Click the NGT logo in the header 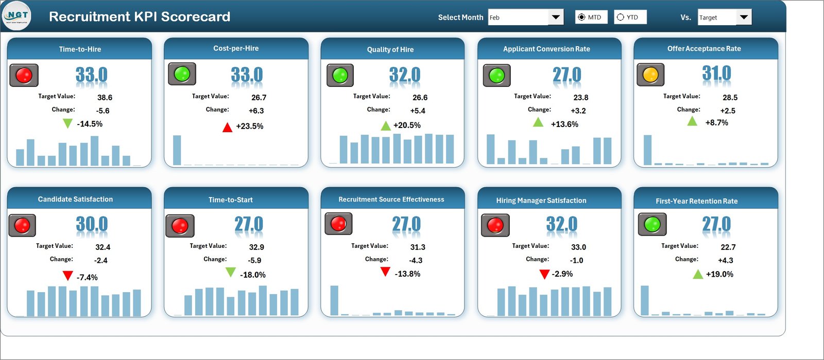pyautogui.click(x=16, y=16)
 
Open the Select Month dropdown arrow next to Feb pyautogui.click(x=556, y=17)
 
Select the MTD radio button pyautogui.click(x=581, y=17)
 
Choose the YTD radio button pyautogui.click(x=621, y=17)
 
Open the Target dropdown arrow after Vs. pyautogui.click(x=744, y=17)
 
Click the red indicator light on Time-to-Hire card pyautogui.click(x=24, y=76)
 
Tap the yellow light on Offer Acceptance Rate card pyautogui.click(x=650, y=75)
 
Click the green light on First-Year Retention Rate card pyautogui.click(x=652, y=225)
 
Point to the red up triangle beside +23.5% pyautogui.click(x=227, y=127)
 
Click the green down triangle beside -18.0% pyautogui.click(x=230, y=272)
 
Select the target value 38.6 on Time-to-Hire pyautogui.click(x=105, y=97)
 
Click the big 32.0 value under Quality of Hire pyautogui.click(x=405, y=75)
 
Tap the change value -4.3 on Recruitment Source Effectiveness pyautogui.click(x=416, y=260)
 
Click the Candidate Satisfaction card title pyautogui.click(x=75, y=199)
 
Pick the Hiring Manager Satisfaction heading pyautogui.click(x=541, y=201)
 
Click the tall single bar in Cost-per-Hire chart pyautogui.click(x=177, y=150)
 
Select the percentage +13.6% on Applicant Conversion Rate pyautogui.click(x=564, y=124)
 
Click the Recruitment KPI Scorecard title pyautogui.click(x=140, y=16)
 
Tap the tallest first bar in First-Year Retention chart pyautogui.click(x=645, y=300)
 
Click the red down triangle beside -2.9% pyautogui.click(x=544, y=274)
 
